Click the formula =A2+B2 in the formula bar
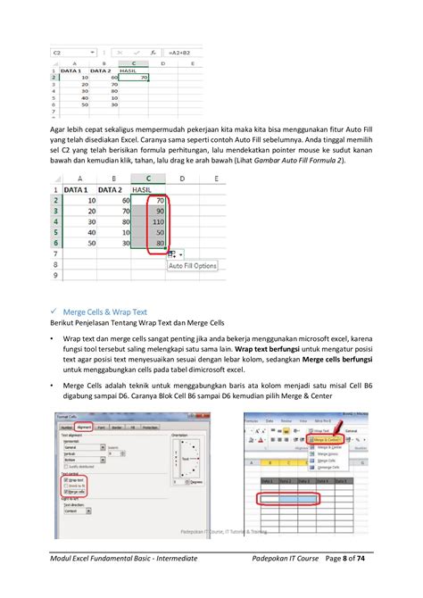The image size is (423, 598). (182, 53)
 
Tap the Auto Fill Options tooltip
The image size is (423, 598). (193, 266)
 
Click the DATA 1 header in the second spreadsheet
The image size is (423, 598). (78, 189)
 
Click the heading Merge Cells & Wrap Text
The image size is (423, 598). (111, 311)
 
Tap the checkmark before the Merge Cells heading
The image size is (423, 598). (54, 311)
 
